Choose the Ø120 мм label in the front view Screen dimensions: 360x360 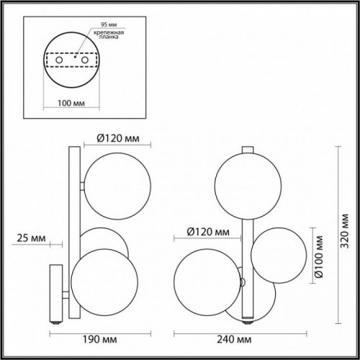[202, 232]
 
